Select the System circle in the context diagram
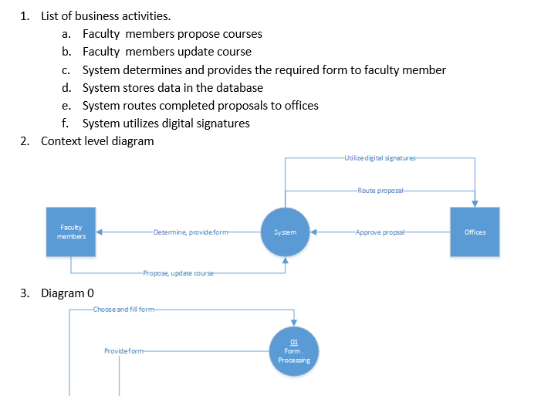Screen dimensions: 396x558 pyautogui.click(x=285, y=232)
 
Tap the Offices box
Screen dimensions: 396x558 pyautogui.click(x=475, y=232)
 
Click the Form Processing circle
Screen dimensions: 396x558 pyautogui.click(x=293, y=351)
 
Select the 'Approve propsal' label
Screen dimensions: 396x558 pyautogui.click(x=380, y=232)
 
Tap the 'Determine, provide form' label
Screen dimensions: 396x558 pyautogui.click(x=191, y=232)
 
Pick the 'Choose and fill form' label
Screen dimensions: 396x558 pyautogui.click(x=123, y=310)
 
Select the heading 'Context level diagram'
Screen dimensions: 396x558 pyautogui.click(x=97, y=140)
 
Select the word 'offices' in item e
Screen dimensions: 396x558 pyautogui.click(x=299, y=105)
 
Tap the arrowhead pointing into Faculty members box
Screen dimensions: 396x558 pyautogui.click(x=100, y=232)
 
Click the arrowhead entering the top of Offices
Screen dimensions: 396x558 pyautogui.click(x=475, y=203)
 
